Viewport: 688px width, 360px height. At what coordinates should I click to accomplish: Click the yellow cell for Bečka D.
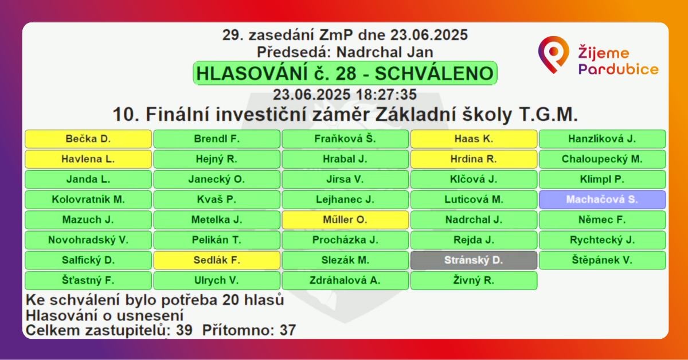(88, 139)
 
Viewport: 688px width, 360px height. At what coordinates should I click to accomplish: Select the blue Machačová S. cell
(603, 199)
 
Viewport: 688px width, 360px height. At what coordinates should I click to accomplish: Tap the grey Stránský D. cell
(474, 260)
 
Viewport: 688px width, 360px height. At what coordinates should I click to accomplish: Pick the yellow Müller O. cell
(345, 220)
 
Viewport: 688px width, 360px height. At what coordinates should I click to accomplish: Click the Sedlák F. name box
(217, 260)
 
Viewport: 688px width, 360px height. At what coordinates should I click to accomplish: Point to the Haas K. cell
(474, 139)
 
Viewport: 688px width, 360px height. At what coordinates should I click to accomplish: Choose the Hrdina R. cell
(474, 159)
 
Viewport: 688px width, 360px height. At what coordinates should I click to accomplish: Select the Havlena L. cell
(88, 159)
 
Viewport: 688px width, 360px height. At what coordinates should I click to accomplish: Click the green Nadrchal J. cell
(474, 220)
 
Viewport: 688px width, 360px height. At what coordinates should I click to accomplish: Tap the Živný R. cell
(474, 280)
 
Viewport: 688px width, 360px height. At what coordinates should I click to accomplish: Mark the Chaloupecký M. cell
(603, 159)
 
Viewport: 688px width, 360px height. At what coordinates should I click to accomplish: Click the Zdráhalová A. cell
(345, 280)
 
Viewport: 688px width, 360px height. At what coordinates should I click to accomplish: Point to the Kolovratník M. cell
(88, 199)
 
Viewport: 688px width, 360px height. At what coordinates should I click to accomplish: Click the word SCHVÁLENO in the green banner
(434, 73)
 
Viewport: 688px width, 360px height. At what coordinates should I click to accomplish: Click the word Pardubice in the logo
(618, 69)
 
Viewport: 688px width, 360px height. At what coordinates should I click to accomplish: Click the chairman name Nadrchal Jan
(385, 52)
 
